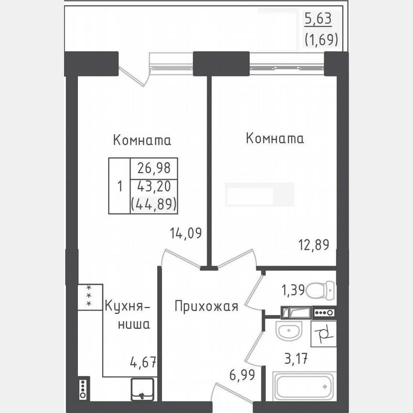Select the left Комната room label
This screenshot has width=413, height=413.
pos(142,141)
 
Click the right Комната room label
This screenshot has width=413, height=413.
pos(275,139)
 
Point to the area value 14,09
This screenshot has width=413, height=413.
pos(185,233)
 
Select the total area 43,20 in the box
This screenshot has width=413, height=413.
pos(153,186)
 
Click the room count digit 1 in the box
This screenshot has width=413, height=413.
pos(120,186)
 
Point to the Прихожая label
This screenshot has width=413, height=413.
pos(206,306)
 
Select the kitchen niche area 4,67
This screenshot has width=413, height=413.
pos(143,362)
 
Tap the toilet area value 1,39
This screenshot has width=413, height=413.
pos(292,290)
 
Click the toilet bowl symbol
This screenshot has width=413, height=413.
pos(320,290)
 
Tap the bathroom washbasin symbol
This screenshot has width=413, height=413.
pos(288,331)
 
